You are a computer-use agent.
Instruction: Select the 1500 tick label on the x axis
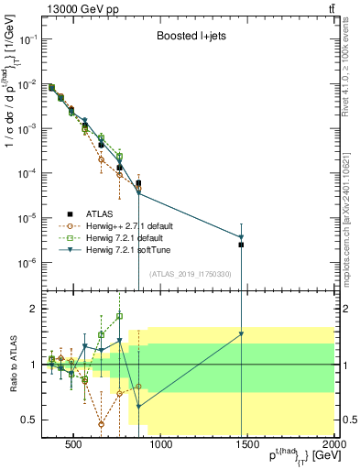click(x=247, y=446)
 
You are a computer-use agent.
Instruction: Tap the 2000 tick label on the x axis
click(x=333, y=446)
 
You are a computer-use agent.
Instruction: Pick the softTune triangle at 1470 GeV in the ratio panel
click(x=242, y=334)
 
